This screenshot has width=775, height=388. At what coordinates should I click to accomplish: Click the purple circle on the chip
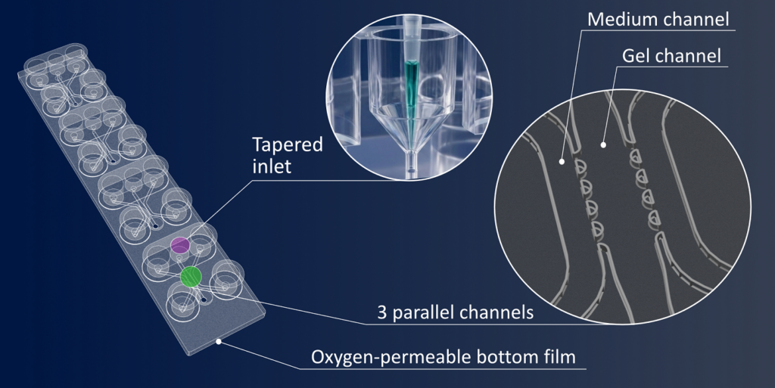[180, 245]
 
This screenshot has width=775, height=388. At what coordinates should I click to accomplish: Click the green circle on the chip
[191, 276]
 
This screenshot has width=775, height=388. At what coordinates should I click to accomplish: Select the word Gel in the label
[636, 56]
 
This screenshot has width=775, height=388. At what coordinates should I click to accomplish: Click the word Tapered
[287, 145]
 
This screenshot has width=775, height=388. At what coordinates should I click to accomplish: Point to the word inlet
[272, 166]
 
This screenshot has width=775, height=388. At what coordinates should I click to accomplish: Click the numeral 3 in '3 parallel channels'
[382, 312]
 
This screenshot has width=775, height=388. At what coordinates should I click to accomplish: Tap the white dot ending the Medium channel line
[562, 161]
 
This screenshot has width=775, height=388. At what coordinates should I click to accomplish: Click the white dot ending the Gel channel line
[603, 144]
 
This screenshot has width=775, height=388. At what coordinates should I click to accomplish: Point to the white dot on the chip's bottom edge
[219, 340]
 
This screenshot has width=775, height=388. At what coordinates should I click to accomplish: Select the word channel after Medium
[697, 19]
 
